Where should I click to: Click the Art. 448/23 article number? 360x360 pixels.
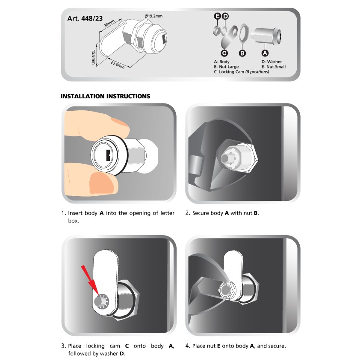pos(85,18)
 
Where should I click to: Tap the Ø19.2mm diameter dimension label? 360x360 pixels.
pos(153,16)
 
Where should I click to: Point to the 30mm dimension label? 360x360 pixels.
pos(109,24)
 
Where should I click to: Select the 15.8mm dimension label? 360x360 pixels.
pos(94,57)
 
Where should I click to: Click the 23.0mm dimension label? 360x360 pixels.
pos(118,65)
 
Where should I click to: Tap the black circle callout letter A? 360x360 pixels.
pos(265,53)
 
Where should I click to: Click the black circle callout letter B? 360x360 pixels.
pos(242,53)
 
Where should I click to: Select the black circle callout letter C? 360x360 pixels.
pos(224,53)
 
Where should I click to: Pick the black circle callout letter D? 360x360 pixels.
pos(225,16)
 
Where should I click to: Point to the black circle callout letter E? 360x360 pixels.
pos(218,16)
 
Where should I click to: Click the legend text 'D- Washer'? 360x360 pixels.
pos(271,62)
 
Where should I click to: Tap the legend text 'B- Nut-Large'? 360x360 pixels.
pos(226,67)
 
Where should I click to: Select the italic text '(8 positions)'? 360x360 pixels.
pos(257,72)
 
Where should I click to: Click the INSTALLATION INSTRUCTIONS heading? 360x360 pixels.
pos(105,96)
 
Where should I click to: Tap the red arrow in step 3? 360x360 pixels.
pos(91,280)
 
